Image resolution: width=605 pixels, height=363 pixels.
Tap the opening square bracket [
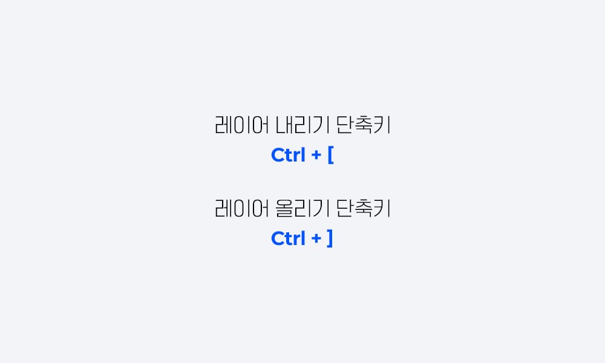pos(330,155)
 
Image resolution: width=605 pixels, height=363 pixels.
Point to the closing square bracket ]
pos(330,239)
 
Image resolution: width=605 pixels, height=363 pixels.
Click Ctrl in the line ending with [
pos(288,155)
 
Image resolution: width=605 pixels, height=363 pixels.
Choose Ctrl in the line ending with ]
pos(288,239)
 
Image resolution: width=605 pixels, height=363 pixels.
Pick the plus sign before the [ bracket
pos(316,156)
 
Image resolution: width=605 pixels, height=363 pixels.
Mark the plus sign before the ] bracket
pos(316,240)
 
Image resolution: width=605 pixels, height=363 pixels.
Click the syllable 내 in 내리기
pos(284,126)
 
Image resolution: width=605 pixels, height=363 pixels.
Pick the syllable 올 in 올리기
pos(284,209)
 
